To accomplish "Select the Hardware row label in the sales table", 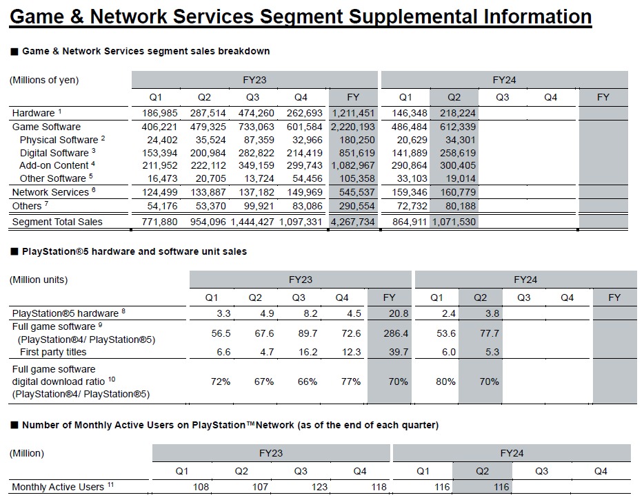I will (34, 113).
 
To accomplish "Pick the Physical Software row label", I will (58, 140).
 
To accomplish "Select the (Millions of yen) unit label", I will (44, 80).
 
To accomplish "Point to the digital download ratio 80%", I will (436, 381).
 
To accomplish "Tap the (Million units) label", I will (39, 280).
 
